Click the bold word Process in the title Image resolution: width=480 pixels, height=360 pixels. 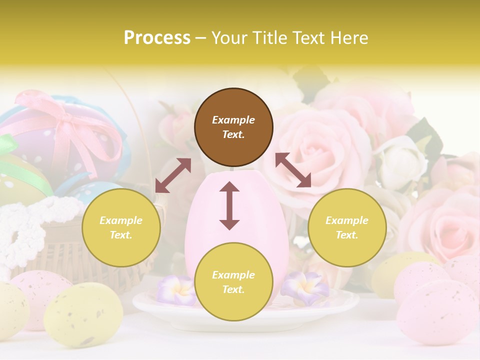pyautogui.click(x=157, y=38)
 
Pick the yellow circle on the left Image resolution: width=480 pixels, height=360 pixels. pyautogui.click(x=121, y=227)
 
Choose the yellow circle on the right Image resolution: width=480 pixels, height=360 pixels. pyautogui.click(x=347, y=227)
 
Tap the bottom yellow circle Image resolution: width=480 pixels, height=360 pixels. pyautogui.click(x=233, y=282)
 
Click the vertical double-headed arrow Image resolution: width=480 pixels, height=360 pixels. pyautogui.click(x=229, y=205)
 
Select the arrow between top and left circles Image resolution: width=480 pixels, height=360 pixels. pyautogui.click(x=173, y=175)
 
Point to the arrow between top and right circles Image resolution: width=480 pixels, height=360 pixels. pyautogui.click(x=293, y=170)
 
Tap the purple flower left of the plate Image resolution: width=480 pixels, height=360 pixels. pyautogui.click(x=175, y=290)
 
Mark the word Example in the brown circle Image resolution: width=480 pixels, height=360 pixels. pyautogui.click(x=233, y=120)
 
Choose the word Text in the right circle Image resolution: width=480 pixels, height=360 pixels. pyautogui.click(x=347, y=235)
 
